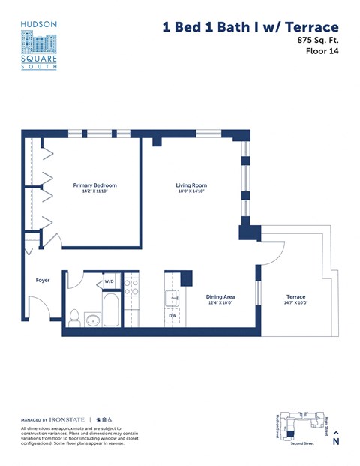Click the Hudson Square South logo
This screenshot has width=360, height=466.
coord(39,45)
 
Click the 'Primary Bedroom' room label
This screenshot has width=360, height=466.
coord(94,185)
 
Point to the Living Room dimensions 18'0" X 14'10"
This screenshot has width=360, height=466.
coord(191,192)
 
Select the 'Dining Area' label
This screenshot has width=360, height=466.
coord(221,296)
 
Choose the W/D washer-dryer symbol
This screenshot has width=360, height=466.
coord(109,281)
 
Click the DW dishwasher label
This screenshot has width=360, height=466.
coord(172,315)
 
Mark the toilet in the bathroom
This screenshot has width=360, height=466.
coord(74,317)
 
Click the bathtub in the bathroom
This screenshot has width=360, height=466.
coord(111,311)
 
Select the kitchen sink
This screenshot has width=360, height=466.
coord(173,298)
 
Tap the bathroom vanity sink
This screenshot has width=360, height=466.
coord(92,320)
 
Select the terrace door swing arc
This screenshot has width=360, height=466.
coord(271,255)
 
